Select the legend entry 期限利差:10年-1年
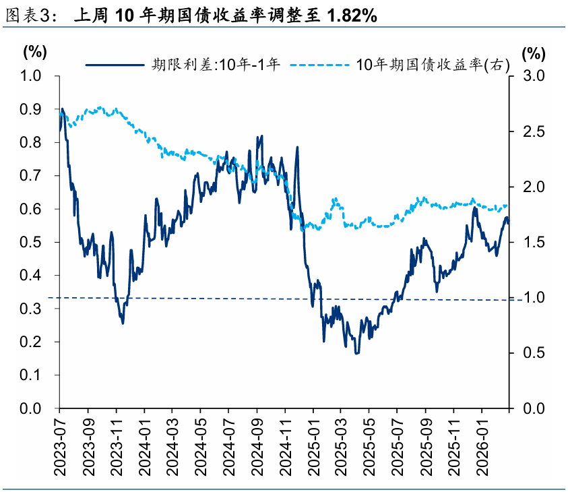tap(216, 64)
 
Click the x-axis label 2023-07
tap(59, 437)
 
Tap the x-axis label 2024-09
tap(257, 437)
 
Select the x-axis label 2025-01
tap(313, 437)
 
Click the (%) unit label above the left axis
tap(34, 52)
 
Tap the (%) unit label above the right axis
tap(532, 52)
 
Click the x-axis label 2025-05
tap(369, 437)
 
